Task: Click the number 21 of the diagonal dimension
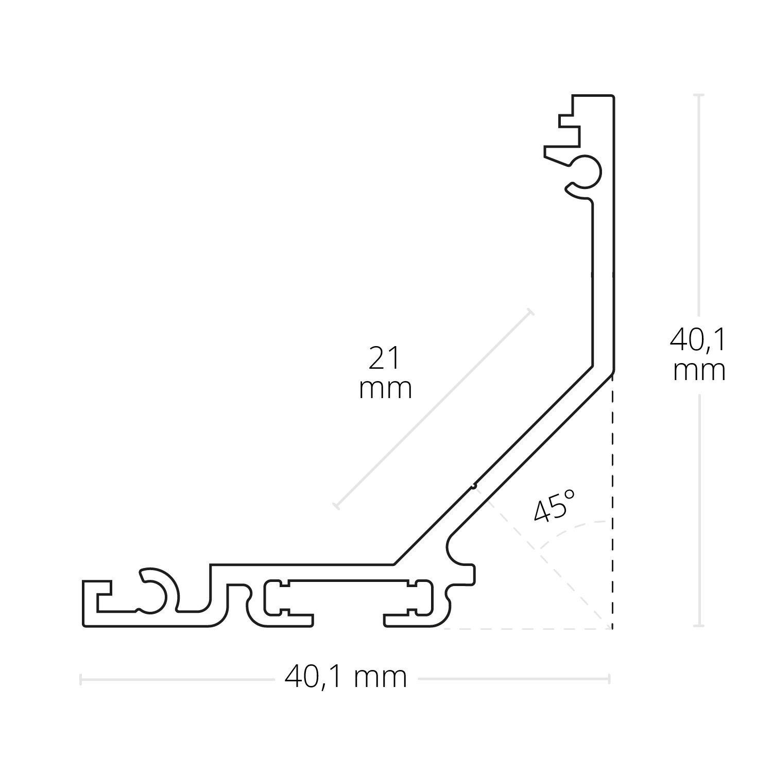pyautogui.click(x=385, y=358)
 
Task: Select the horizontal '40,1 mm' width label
pyautogui.click(x=346, y=677)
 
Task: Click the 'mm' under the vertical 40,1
pyautogui.click(x=699, y=370)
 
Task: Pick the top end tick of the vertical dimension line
pyautogui.click(x=698, y=95)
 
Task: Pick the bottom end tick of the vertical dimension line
pyautogui.click(x=698, y=626)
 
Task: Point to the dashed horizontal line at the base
pyautogui.click(x=525, y=629)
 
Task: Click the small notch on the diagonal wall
pyautogui.click(x=474, y=485)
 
